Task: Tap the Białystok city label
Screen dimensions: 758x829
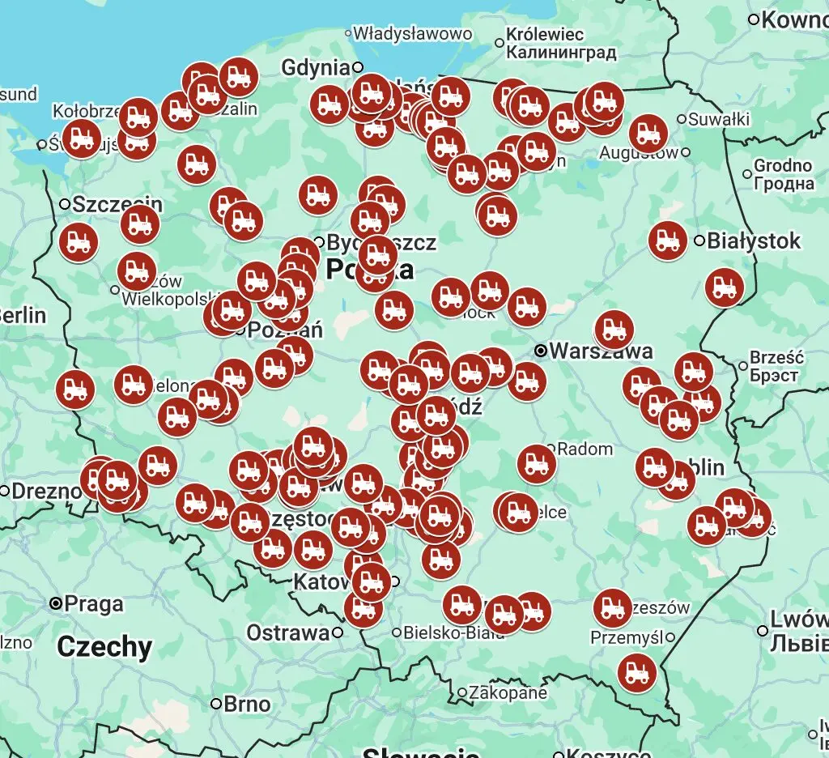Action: [x=754, y=241]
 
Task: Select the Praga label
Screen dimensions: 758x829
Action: [x=94, y=604]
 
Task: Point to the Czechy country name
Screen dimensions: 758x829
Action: [x=104, y=647]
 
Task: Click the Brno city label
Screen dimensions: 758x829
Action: [x=246, y=705]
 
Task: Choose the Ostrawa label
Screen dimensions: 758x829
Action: [x=288, y=632]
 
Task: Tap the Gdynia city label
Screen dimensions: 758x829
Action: [x=316, y=68]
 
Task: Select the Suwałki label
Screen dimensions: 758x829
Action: [x=720, y=120]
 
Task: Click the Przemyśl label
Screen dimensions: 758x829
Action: [x=627, y=637]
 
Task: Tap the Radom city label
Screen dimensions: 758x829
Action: [x=585, y=449]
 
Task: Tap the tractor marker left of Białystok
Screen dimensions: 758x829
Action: [x=668, y=241]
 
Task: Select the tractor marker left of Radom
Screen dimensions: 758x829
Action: [x=536, y=464]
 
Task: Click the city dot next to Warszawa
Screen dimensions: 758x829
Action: [x=541, y=351]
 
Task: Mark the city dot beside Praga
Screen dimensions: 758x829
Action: [x=56, y=603]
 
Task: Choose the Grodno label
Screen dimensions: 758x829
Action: [x=783, y=165]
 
